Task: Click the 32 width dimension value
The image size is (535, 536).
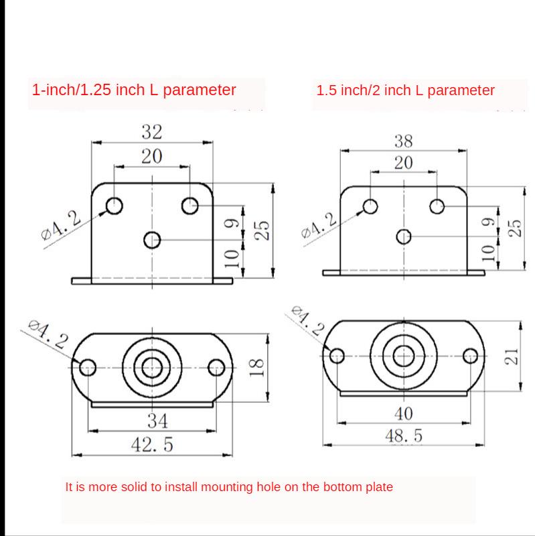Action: tap(151, 131)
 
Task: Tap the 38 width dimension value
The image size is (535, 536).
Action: tap(404, 141)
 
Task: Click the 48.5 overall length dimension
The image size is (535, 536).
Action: tap(403, 435)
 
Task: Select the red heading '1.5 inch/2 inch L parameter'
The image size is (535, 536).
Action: tap(405, 90)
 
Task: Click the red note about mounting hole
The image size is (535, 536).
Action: tap(229, 487)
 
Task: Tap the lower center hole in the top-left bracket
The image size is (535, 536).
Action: tap(153, 239)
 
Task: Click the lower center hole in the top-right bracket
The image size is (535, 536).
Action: tap(403, 236)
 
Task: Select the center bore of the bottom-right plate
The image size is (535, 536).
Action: tap(403, 354)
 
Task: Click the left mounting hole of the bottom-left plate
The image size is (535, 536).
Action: tap(88, 367)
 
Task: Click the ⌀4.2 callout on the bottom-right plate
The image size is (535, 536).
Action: tap(307, 322)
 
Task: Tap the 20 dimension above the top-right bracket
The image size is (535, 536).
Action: tap(404, 163)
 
